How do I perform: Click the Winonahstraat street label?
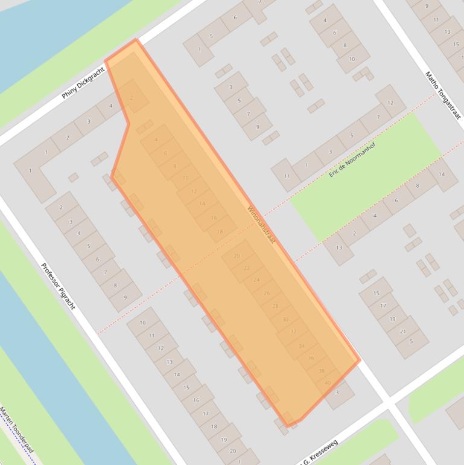tap(261, 225)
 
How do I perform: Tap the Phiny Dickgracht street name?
tap(83, 83)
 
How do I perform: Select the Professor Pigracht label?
tap(58, 286)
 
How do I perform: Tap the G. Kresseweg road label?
tap(319, 454)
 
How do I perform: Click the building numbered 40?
tap(328, 383)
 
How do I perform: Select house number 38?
tap(322, 371)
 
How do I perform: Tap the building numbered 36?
tap(311, 358)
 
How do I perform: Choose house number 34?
tap(302, 346)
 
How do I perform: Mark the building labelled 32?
tap(293, 332)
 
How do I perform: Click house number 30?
tap(285, 319)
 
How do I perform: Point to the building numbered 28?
tap(276, 306)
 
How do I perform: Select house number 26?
tap(267, 293)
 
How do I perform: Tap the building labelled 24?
tap(256, 280)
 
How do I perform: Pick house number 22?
tap(246, 268)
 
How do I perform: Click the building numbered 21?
tap(403, 331)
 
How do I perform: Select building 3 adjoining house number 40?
tap(337, 393)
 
